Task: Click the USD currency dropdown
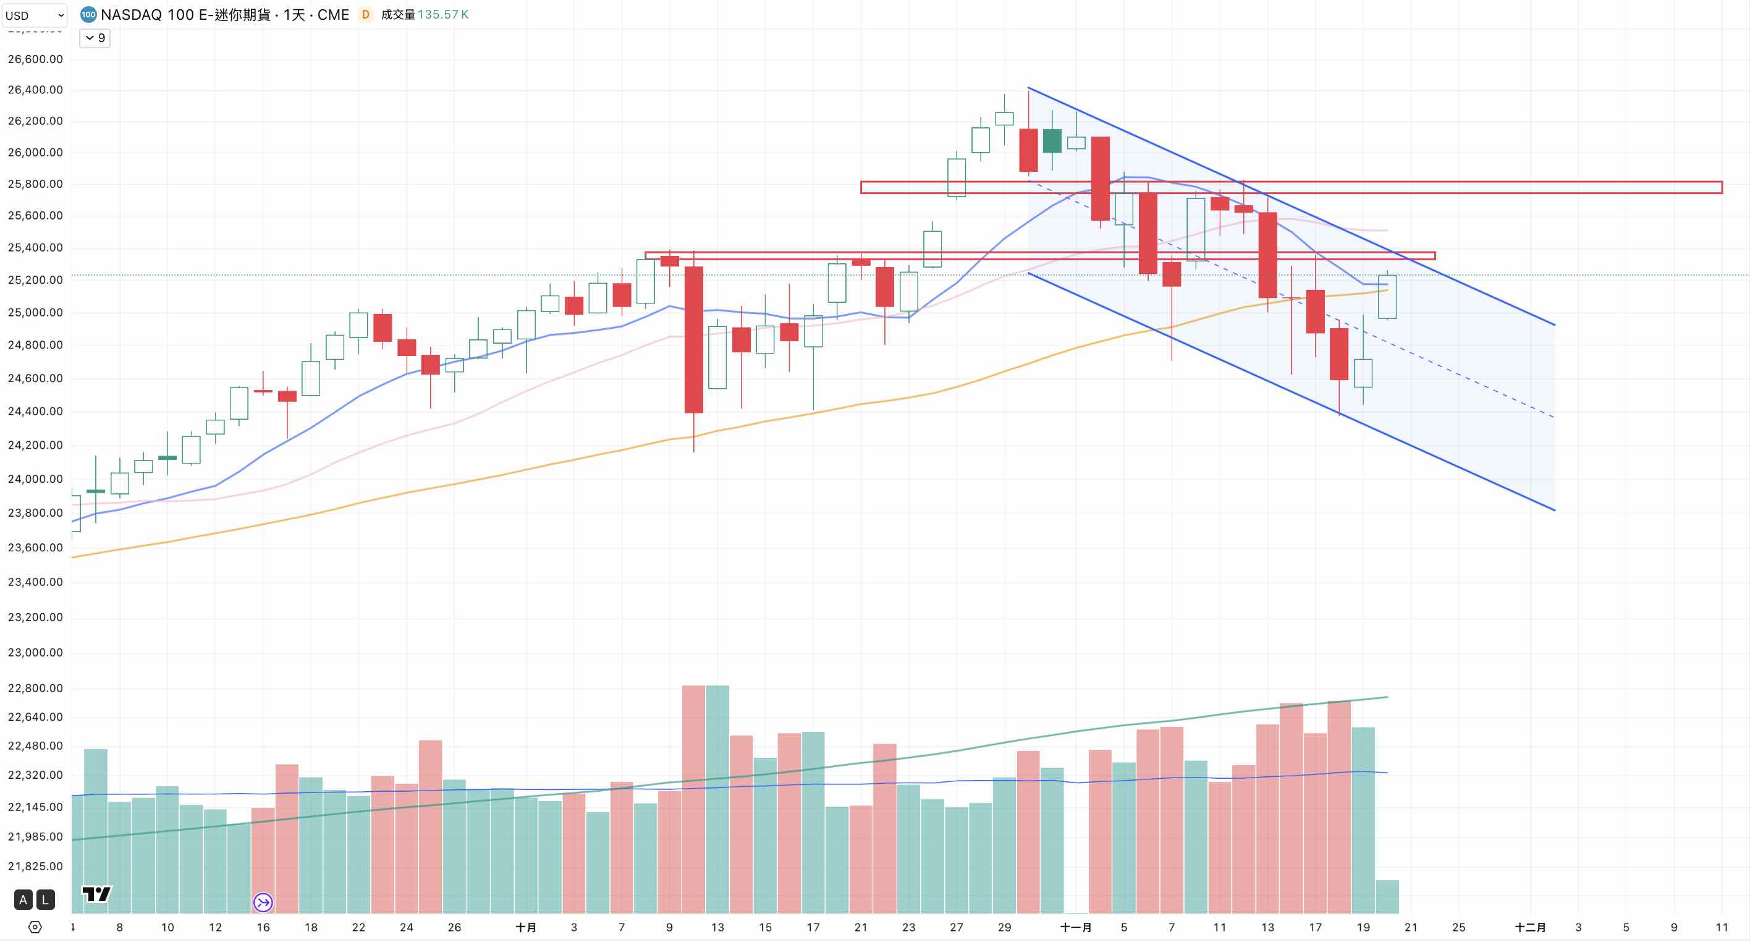point(34,15)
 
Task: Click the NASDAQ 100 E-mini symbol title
point(224,15)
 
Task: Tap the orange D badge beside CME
point(365,15)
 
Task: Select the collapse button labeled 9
point(95,38)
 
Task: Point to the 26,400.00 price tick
point(35,90)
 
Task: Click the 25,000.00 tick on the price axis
point(35,313)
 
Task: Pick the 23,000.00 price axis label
point(35,653)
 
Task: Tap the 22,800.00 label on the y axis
point(35,689)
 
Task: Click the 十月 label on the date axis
point(526,927)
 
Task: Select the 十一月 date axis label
point(1076,927)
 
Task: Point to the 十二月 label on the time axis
point(1530,927)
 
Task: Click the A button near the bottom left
point(23,900)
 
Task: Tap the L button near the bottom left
point(46,900)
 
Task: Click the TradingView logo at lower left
point(96,894)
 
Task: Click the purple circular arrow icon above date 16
point(263,902)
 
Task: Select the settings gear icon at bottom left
point(35,927)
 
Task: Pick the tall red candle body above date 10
point(693,340)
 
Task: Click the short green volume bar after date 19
point(1387,897)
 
